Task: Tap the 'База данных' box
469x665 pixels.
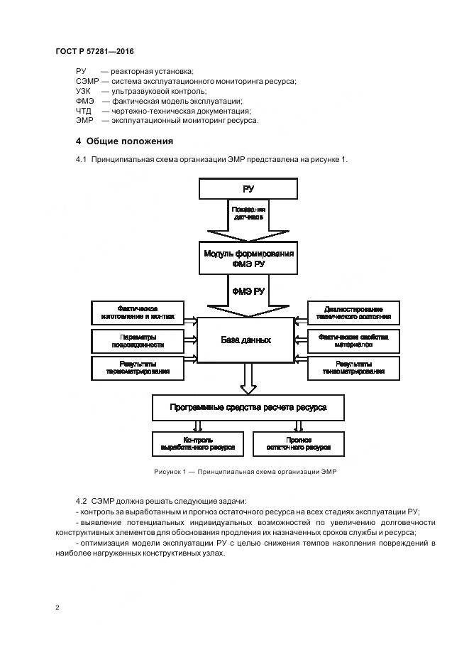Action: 245,340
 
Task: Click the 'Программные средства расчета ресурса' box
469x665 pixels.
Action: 248,408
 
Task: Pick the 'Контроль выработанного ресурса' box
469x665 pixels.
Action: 198,444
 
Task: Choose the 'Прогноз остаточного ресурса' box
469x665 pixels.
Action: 299,444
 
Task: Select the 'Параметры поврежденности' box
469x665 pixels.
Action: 136,340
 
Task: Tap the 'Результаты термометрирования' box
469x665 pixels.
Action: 136,368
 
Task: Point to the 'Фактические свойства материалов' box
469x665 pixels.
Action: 353,340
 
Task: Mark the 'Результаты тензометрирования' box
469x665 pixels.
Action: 353,368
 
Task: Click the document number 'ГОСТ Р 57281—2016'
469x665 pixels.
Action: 94,53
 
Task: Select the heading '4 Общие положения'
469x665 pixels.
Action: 124,141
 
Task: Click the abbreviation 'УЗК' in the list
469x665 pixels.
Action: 85,91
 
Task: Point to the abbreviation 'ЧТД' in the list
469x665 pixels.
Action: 84,111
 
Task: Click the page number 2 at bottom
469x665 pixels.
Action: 57,607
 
